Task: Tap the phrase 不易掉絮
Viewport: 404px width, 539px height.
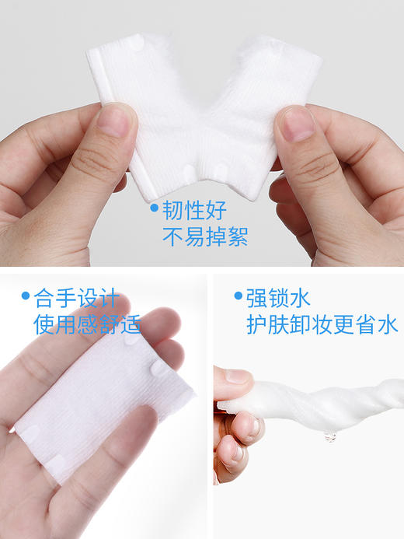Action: coord(204,236)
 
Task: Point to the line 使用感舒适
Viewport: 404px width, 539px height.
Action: coord(87,324)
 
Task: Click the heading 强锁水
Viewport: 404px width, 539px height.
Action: coord(277,297)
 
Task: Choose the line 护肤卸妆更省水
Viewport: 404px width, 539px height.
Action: coord(322,324)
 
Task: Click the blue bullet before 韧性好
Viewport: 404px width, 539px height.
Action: coord(154,208)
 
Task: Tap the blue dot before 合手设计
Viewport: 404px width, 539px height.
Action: coord(26,296)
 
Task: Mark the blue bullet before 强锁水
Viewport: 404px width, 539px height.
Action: coord(238,296)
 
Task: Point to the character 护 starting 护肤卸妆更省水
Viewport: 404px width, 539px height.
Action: coord(258,324)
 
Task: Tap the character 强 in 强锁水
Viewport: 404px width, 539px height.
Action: coord(258,297)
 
